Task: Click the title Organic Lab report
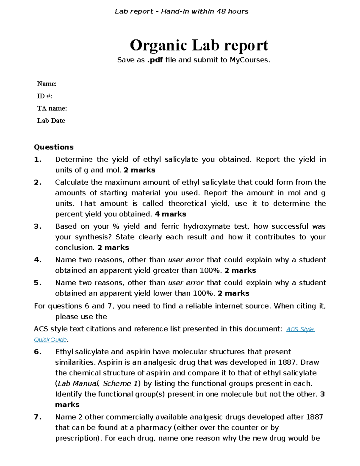199,45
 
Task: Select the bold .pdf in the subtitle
155,60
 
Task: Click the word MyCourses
249,60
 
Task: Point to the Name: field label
46,84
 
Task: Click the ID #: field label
44,96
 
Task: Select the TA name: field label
52,108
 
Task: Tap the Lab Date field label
51,121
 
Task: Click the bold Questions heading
54,147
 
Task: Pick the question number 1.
37,160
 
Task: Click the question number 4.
37,260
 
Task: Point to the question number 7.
37,417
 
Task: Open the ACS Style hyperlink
300,329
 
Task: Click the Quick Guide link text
50,340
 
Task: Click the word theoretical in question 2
187,204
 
